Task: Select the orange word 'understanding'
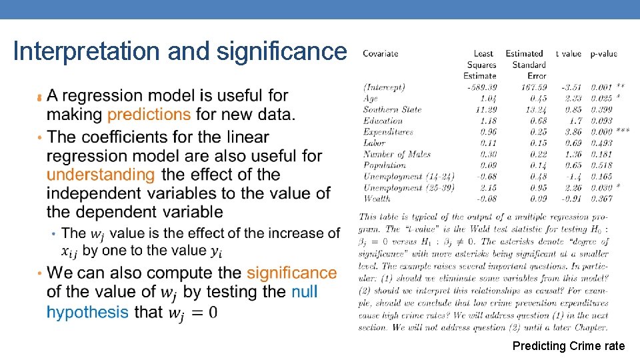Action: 101,175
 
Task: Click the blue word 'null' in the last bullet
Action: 305,292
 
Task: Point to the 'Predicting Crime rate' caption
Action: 569,346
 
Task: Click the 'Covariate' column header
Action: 381,54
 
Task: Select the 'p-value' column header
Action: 604,54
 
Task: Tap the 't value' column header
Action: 569,54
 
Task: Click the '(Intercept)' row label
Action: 384,87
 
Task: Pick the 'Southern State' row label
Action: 393,109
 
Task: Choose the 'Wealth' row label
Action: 377,198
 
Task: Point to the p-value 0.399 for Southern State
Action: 602,109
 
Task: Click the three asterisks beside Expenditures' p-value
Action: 623,131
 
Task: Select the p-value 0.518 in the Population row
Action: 602,165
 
